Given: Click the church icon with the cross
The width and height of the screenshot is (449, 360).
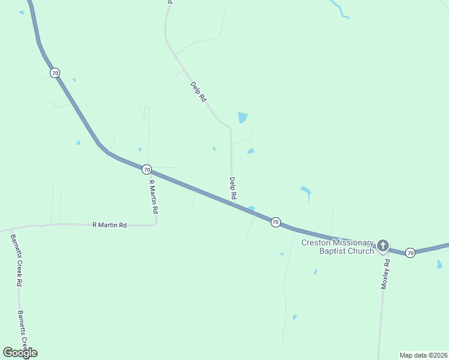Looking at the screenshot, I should click(382, 245).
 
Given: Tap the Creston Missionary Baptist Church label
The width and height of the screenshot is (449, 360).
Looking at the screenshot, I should click(337, 247).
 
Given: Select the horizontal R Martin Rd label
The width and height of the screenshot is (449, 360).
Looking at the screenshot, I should click(109, 225).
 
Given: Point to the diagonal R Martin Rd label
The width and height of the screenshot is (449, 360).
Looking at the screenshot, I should click(154, 197).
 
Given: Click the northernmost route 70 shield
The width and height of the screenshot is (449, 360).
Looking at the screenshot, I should click(55, 73).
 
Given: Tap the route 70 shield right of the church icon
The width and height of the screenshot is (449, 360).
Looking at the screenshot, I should click(410, 253).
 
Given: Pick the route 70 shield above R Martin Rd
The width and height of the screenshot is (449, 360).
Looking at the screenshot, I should click(147, 169).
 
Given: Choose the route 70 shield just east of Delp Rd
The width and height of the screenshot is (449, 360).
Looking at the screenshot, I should click(275, 222).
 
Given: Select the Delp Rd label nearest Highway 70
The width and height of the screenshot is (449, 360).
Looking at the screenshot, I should click(232, 188).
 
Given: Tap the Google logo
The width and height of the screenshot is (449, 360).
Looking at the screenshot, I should click(20, 352).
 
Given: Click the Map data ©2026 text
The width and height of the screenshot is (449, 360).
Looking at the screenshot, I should click(423, 355).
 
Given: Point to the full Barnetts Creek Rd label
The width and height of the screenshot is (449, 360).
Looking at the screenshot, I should click(16, 259).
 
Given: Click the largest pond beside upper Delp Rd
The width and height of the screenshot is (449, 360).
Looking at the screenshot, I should click(243, 118).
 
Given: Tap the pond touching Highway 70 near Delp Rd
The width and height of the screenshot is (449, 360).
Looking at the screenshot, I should click(252, 208).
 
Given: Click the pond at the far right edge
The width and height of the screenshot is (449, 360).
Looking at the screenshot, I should click(439, 264).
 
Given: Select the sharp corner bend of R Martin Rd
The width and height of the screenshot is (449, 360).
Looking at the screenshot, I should click(156, 223).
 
